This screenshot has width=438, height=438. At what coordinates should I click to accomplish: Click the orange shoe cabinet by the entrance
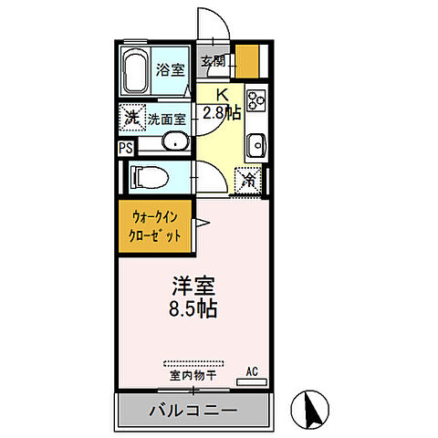[x=246, y=61]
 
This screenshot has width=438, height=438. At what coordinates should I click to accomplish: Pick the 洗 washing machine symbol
[x=132, y=118]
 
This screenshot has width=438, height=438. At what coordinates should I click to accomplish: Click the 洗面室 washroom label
[x=167, y=119]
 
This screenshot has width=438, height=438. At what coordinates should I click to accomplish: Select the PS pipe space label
[x=125, y=147]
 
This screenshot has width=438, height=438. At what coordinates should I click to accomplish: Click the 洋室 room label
[x=191, y=285]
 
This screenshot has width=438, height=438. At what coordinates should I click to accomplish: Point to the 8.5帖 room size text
[x=191, y=308]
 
